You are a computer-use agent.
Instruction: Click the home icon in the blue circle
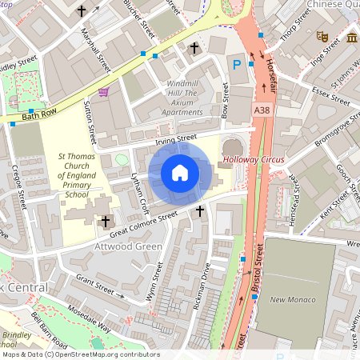[x=180, y=173]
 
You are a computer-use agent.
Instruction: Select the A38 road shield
[x=262, y=110]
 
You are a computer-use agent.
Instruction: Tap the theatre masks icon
[x=322, y=36]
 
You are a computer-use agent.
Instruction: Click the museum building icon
[x=352, y=38]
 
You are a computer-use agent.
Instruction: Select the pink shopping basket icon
[x=103, y=92]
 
